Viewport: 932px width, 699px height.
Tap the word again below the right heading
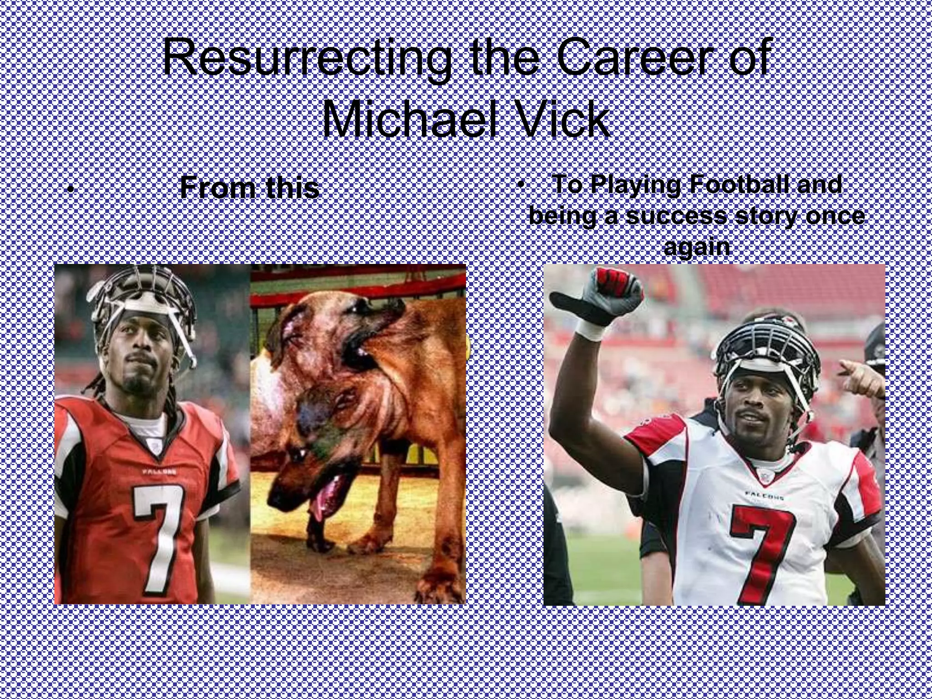point(696,247)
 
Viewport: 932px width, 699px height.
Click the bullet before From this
point(70,189)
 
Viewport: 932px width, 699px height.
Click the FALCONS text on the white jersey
point(764,494)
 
